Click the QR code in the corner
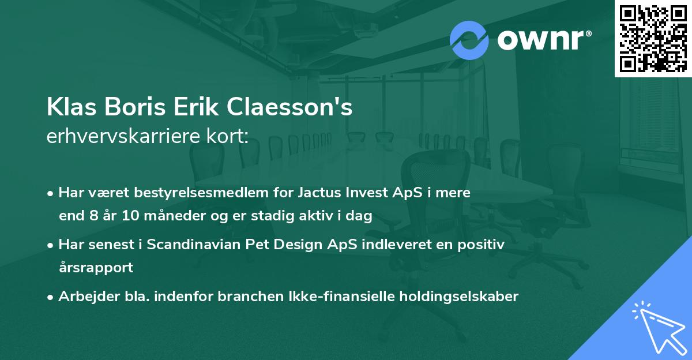pos(653,38)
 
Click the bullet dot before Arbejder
pos(51,297)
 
